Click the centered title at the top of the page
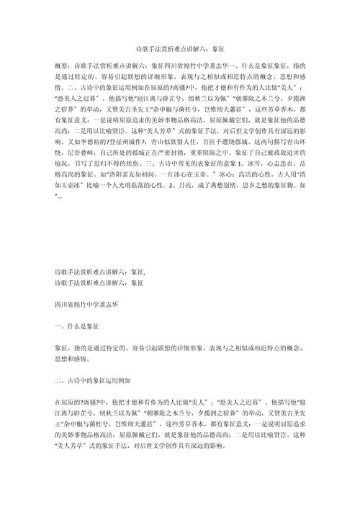pos(180,48)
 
